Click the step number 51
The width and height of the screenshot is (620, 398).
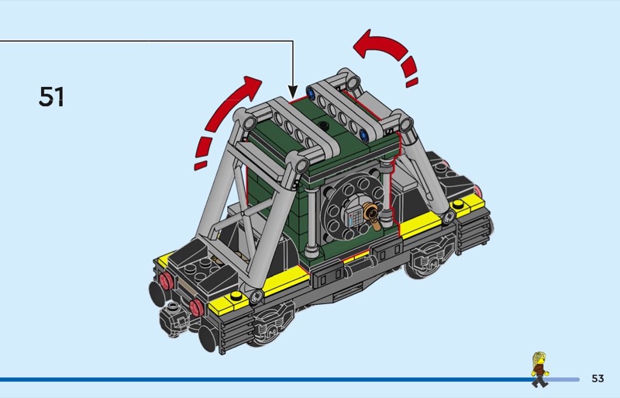click(x=51, y=97)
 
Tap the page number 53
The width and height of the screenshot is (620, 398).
click(x=598, y=379)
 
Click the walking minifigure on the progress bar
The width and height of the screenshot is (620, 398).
click(x=539, y=369)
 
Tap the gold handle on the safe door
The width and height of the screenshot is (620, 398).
click(x=373, y=215)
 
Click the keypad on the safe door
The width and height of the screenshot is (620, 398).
click(x=355, y=217)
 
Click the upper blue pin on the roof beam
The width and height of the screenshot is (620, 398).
click(x=311, y=93)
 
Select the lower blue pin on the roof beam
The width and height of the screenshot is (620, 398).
click(x=364, y=136)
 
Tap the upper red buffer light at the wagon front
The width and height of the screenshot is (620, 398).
click(x=166, y=281)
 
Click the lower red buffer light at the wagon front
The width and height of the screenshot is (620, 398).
click(x=197, y=308)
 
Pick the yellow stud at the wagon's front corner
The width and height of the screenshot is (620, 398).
click(x=236, y=296)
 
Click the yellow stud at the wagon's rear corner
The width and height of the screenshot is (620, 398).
click(x=458, y=204)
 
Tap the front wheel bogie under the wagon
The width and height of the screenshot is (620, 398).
click(x=273, y=320)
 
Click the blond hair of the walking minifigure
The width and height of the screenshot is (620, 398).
click(x=538, y=358)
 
